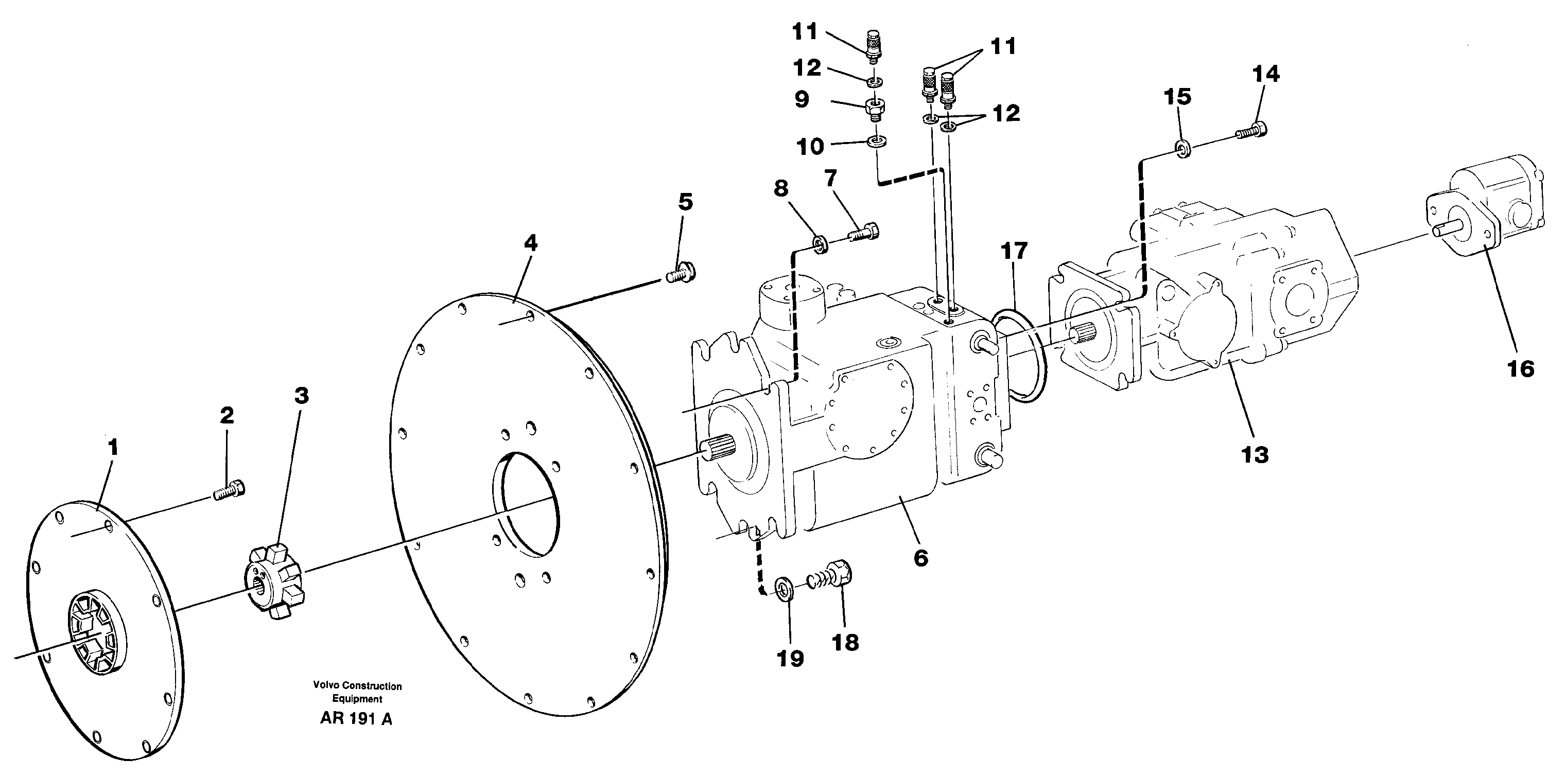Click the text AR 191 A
(356, 718)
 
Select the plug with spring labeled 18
(834, 575)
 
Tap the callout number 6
(920, 557)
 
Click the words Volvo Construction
(357, 685)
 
